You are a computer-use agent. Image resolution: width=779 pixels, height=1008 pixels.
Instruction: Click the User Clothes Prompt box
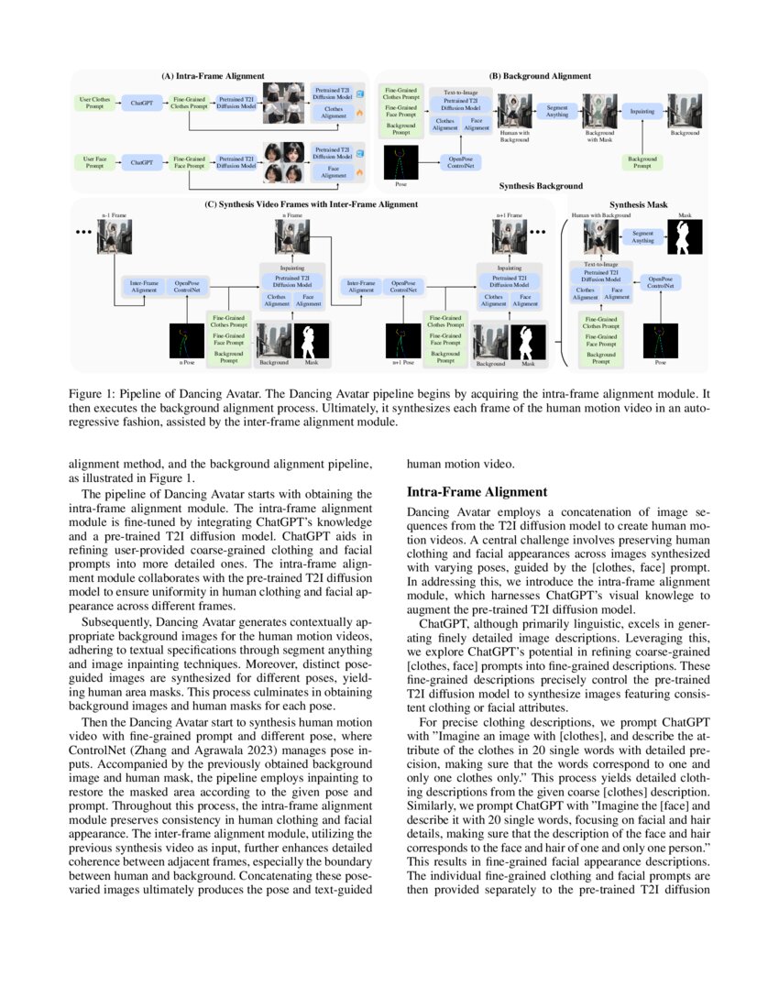96,104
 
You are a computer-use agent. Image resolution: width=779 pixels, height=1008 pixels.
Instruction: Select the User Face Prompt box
96,162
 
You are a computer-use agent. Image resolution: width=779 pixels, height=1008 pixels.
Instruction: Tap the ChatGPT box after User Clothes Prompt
142,104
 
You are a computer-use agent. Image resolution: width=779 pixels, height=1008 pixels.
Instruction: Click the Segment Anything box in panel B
557,111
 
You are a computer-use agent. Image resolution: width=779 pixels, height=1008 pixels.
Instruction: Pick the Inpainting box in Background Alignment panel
642,111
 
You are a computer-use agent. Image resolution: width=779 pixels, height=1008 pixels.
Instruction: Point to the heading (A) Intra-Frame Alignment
213,76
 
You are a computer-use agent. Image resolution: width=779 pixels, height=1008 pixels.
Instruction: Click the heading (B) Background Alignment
540,76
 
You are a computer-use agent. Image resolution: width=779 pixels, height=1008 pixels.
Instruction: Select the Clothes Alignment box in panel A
334,113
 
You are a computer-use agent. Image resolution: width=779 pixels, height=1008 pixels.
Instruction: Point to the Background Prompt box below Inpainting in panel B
642,162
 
